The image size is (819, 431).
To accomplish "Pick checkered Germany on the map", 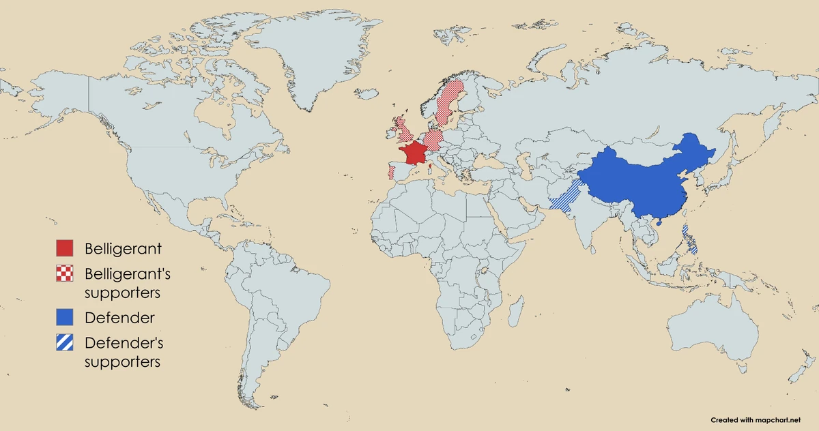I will pos(434,139).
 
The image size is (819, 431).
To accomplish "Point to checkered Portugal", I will pos(391,171).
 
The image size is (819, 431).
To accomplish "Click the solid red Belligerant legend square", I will pos(65,248).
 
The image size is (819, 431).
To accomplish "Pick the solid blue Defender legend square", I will pos(65,317).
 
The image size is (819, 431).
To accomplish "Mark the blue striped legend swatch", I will pos(65,342).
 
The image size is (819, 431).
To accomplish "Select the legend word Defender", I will pos(119,318).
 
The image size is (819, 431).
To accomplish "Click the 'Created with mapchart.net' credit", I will pos(756,420).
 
